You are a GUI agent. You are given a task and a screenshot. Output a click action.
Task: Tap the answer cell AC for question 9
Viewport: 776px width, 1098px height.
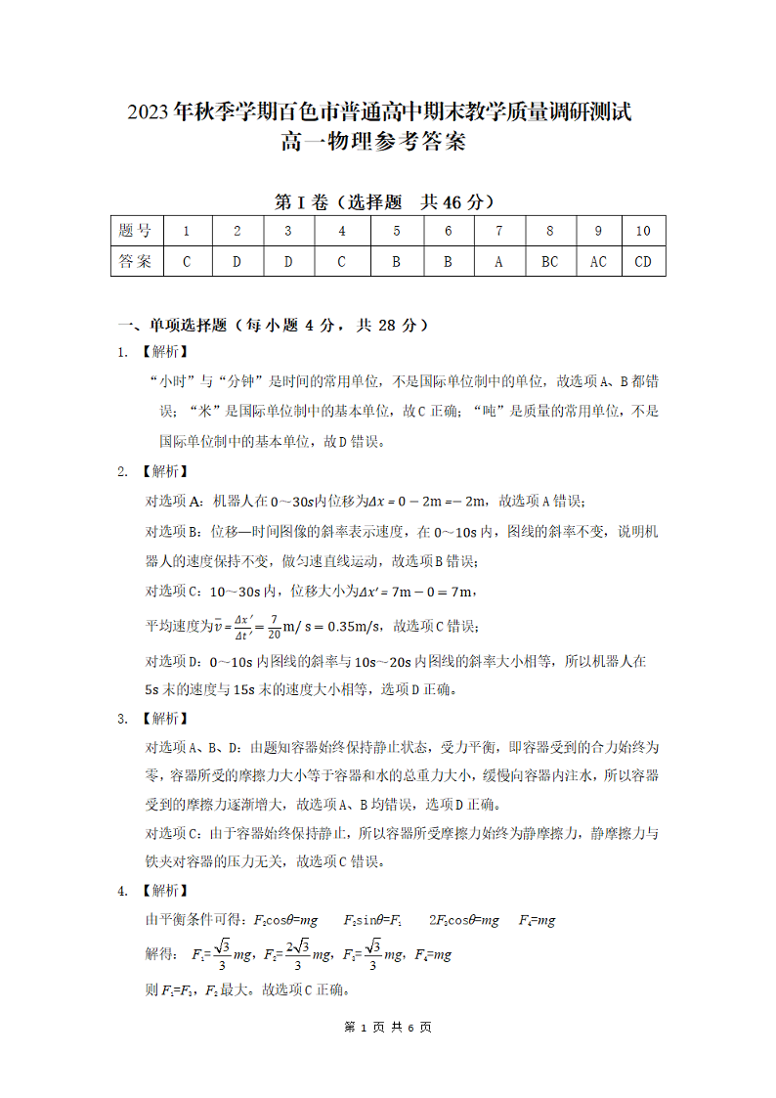click(598, 261)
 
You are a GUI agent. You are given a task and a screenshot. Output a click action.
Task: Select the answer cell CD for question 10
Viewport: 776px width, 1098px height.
click(643, 261)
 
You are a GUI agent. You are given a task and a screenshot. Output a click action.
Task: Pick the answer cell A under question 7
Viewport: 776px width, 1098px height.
click(498, 261)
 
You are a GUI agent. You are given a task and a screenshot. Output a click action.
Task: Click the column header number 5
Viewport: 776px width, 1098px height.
click(397, 232)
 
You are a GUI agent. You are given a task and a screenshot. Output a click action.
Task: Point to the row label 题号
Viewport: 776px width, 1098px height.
click(135, 232)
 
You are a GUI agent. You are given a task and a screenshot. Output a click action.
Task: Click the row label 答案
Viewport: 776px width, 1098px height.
click(135, 261)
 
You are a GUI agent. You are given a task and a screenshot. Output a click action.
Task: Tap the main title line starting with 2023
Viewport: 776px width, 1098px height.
click(379, 112)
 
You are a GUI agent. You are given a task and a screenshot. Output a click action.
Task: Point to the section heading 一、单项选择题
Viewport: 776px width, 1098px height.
click(172, 325)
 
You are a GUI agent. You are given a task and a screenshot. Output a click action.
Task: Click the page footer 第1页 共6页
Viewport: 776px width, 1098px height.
click(387, 1027)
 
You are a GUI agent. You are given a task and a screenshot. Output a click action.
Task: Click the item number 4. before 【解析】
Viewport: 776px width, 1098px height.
click(123, 891)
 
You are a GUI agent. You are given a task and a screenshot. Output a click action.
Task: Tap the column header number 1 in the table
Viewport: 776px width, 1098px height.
click(186, 232)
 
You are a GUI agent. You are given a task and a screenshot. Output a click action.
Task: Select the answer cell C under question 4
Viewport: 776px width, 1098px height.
click(342, 261)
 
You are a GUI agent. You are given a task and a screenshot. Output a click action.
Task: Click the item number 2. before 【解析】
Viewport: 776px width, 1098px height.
click(123, 471)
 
